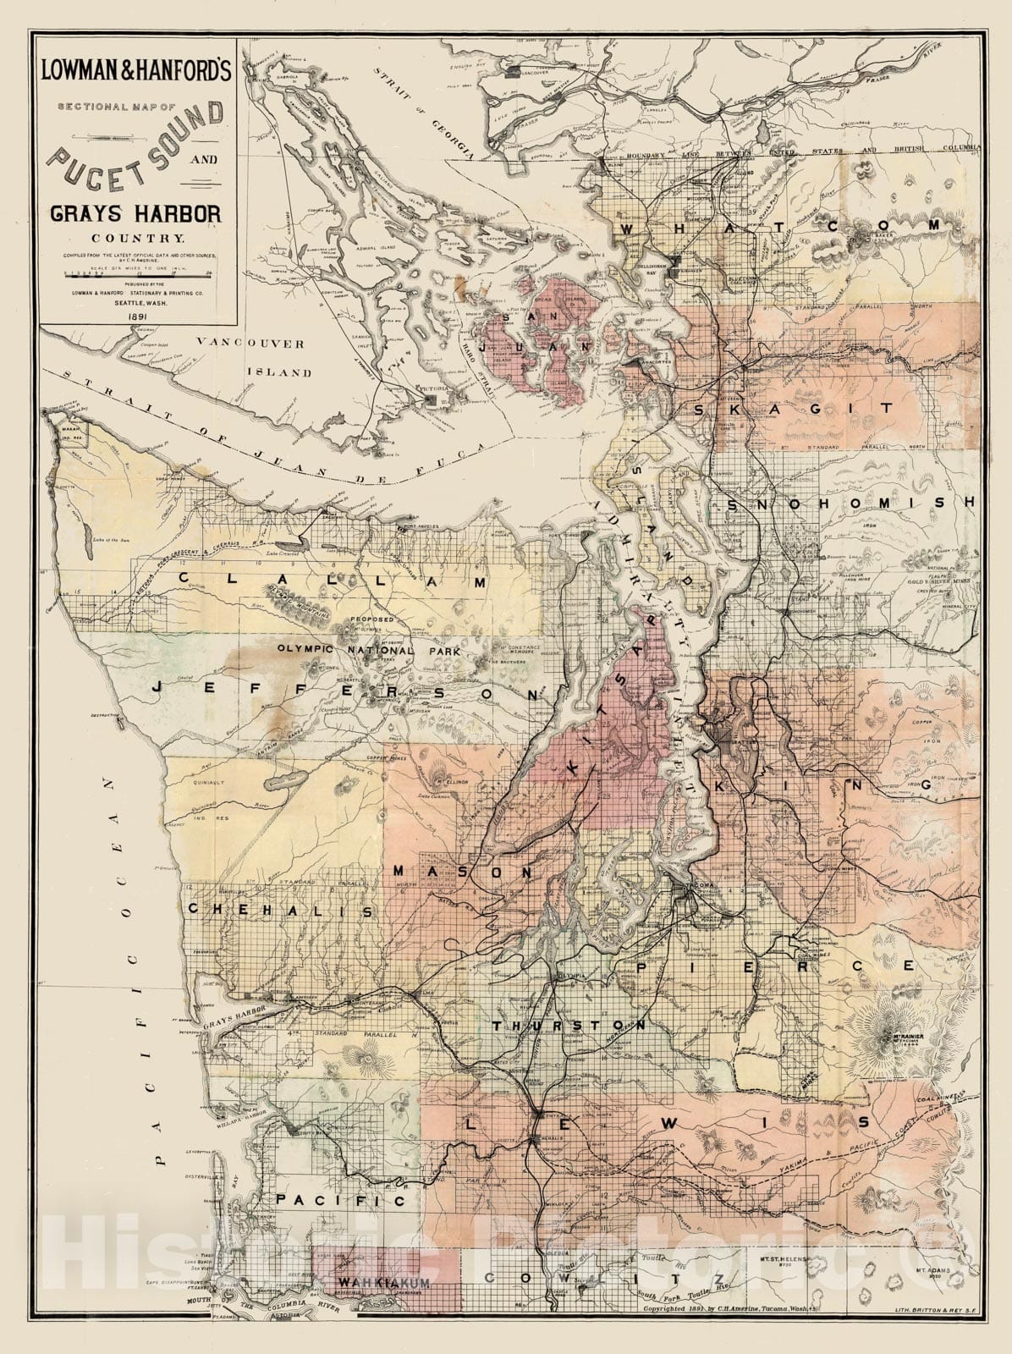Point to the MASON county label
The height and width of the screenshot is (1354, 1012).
point(461,871)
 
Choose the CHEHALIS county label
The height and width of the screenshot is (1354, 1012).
point(279,911)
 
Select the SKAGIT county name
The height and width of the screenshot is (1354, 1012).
point(794,409)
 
